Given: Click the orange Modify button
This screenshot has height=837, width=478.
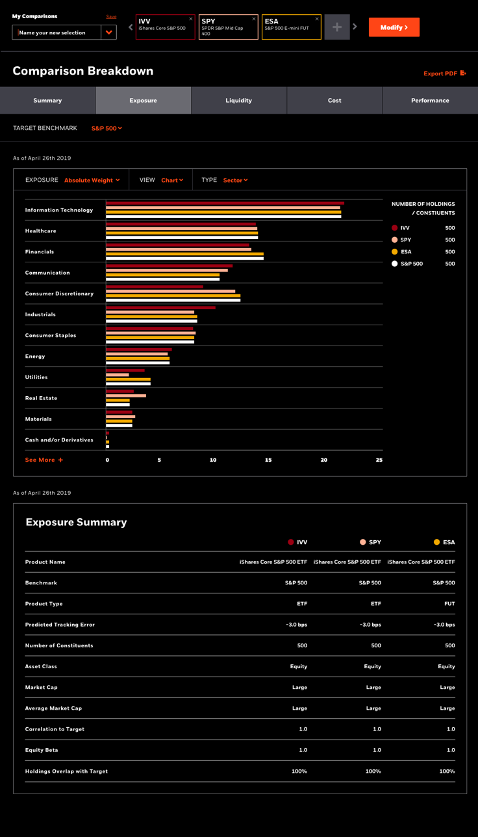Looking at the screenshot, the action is tap(394, 27).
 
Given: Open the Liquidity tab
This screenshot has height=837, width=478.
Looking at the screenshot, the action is tap(239, 101).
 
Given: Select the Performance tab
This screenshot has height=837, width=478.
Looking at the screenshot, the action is tap(430, 101).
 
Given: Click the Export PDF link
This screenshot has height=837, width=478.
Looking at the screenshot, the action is tap(445, 73).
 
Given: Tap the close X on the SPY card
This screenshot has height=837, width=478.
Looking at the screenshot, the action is tap(254, 19).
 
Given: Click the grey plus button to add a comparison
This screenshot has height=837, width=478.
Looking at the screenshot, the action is tap(337, 27).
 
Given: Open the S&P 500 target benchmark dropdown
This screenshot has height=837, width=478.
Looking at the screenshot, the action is tap(107, 128).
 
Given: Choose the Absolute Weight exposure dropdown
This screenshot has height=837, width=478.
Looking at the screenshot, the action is tap(92, 180).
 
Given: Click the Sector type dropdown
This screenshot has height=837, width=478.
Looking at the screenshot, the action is tap(236, 180).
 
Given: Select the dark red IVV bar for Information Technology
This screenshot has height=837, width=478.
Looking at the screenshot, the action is tap(225, 203).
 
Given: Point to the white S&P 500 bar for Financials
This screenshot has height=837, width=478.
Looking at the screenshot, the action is tap(184, 258).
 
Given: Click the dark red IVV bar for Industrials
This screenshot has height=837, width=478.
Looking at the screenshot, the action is tap(160, 308).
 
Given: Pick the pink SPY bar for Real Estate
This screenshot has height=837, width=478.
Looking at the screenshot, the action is tap(126, 395).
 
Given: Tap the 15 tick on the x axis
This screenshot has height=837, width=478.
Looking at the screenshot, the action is tap(268, 460).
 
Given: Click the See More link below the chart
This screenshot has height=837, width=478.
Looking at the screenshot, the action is tap(44, 460).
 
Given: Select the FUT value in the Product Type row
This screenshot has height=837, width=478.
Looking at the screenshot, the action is tap(449, 604).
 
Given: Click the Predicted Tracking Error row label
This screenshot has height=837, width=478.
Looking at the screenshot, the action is tap(60, 625).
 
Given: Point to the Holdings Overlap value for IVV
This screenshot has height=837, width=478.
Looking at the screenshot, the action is tap(299, 771).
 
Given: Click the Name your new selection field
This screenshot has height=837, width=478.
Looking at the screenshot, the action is tap(57, 32).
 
